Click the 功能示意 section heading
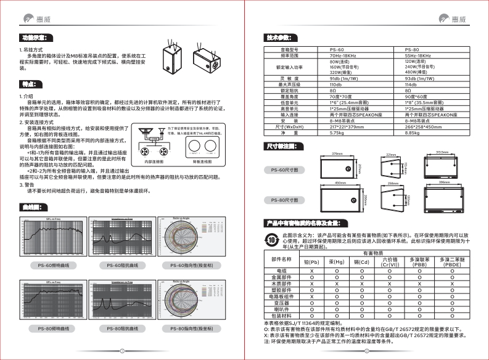pos(31,38)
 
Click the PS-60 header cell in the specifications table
pos(337,49)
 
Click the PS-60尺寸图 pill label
pos(284,169)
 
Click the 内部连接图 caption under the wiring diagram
pos(154,162)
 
